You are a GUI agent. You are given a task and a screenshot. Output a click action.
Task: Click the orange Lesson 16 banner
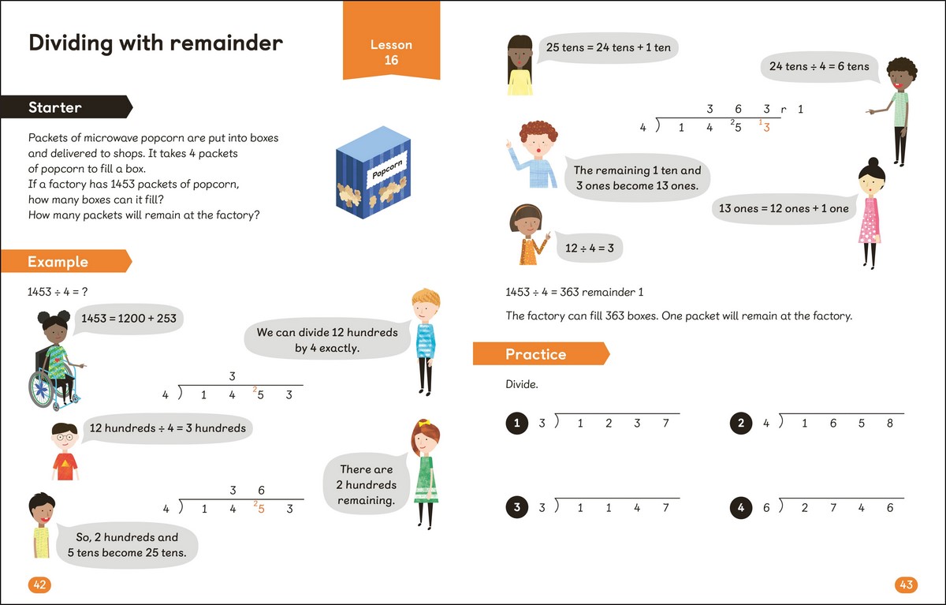[391, 40]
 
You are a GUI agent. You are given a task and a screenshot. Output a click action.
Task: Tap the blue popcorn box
[373, 173]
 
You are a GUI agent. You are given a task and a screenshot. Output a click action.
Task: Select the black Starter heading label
[66, 107]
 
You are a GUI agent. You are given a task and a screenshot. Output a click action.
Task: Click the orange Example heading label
[66, 261]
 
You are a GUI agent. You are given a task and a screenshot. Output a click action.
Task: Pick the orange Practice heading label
[541, 353]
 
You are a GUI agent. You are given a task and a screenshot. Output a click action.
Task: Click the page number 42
[39, 584]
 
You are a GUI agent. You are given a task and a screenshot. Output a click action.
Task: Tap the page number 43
[907, 584]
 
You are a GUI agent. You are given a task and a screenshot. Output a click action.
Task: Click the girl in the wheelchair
[55, 360]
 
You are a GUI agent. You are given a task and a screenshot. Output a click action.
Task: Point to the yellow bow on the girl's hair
[424, 423]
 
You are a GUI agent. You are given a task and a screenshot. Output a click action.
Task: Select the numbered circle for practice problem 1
[517, 423]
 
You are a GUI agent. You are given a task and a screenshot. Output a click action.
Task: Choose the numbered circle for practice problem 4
[741, 507]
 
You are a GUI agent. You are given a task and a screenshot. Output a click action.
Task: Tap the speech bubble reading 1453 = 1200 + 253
[128, 319]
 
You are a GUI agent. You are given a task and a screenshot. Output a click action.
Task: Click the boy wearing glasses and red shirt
[65, 451]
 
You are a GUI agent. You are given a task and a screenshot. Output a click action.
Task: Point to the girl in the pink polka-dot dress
[870, 213]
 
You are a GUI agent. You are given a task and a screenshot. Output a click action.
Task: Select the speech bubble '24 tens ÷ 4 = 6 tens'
[819, 67]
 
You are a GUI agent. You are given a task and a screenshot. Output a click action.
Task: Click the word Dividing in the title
[70, 43]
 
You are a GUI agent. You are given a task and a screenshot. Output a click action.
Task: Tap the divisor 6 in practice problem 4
[766, 507]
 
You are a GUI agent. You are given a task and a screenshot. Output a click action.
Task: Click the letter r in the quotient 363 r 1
[784, 110]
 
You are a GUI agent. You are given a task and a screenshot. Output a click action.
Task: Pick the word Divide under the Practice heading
[522, 384]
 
